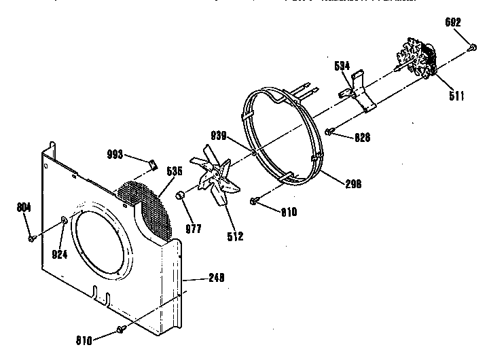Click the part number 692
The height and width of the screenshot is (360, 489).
pyautogui.click(x=454, y=22)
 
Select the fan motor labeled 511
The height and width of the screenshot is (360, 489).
pyautogui.click(x=418, y=57)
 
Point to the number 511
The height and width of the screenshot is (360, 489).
pyautogui.click(x=456, y=96)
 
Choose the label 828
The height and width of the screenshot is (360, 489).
pyautogui.click(x=363, y=138)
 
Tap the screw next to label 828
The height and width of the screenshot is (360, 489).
pyautogui.click(x=329, y=131)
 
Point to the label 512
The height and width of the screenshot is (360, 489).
pyautogui.click(x=236, y=236)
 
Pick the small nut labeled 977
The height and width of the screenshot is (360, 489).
pyautogui.click(x=181, y=196)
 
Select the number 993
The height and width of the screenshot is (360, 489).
pyautogui.click(x=115, y=155)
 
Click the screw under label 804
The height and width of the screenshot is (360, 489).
pyautogui.click(x=31, y=238)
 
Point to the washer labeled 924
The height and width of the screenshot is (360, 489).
pyautogui.click(x=62, y=219)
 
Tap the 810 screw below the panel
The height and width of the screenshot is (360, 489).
pyautogui.click(x=121, y=329)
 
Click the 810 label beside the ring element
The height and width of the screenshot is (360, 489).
pyautogui.click(x=289, y=212)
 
